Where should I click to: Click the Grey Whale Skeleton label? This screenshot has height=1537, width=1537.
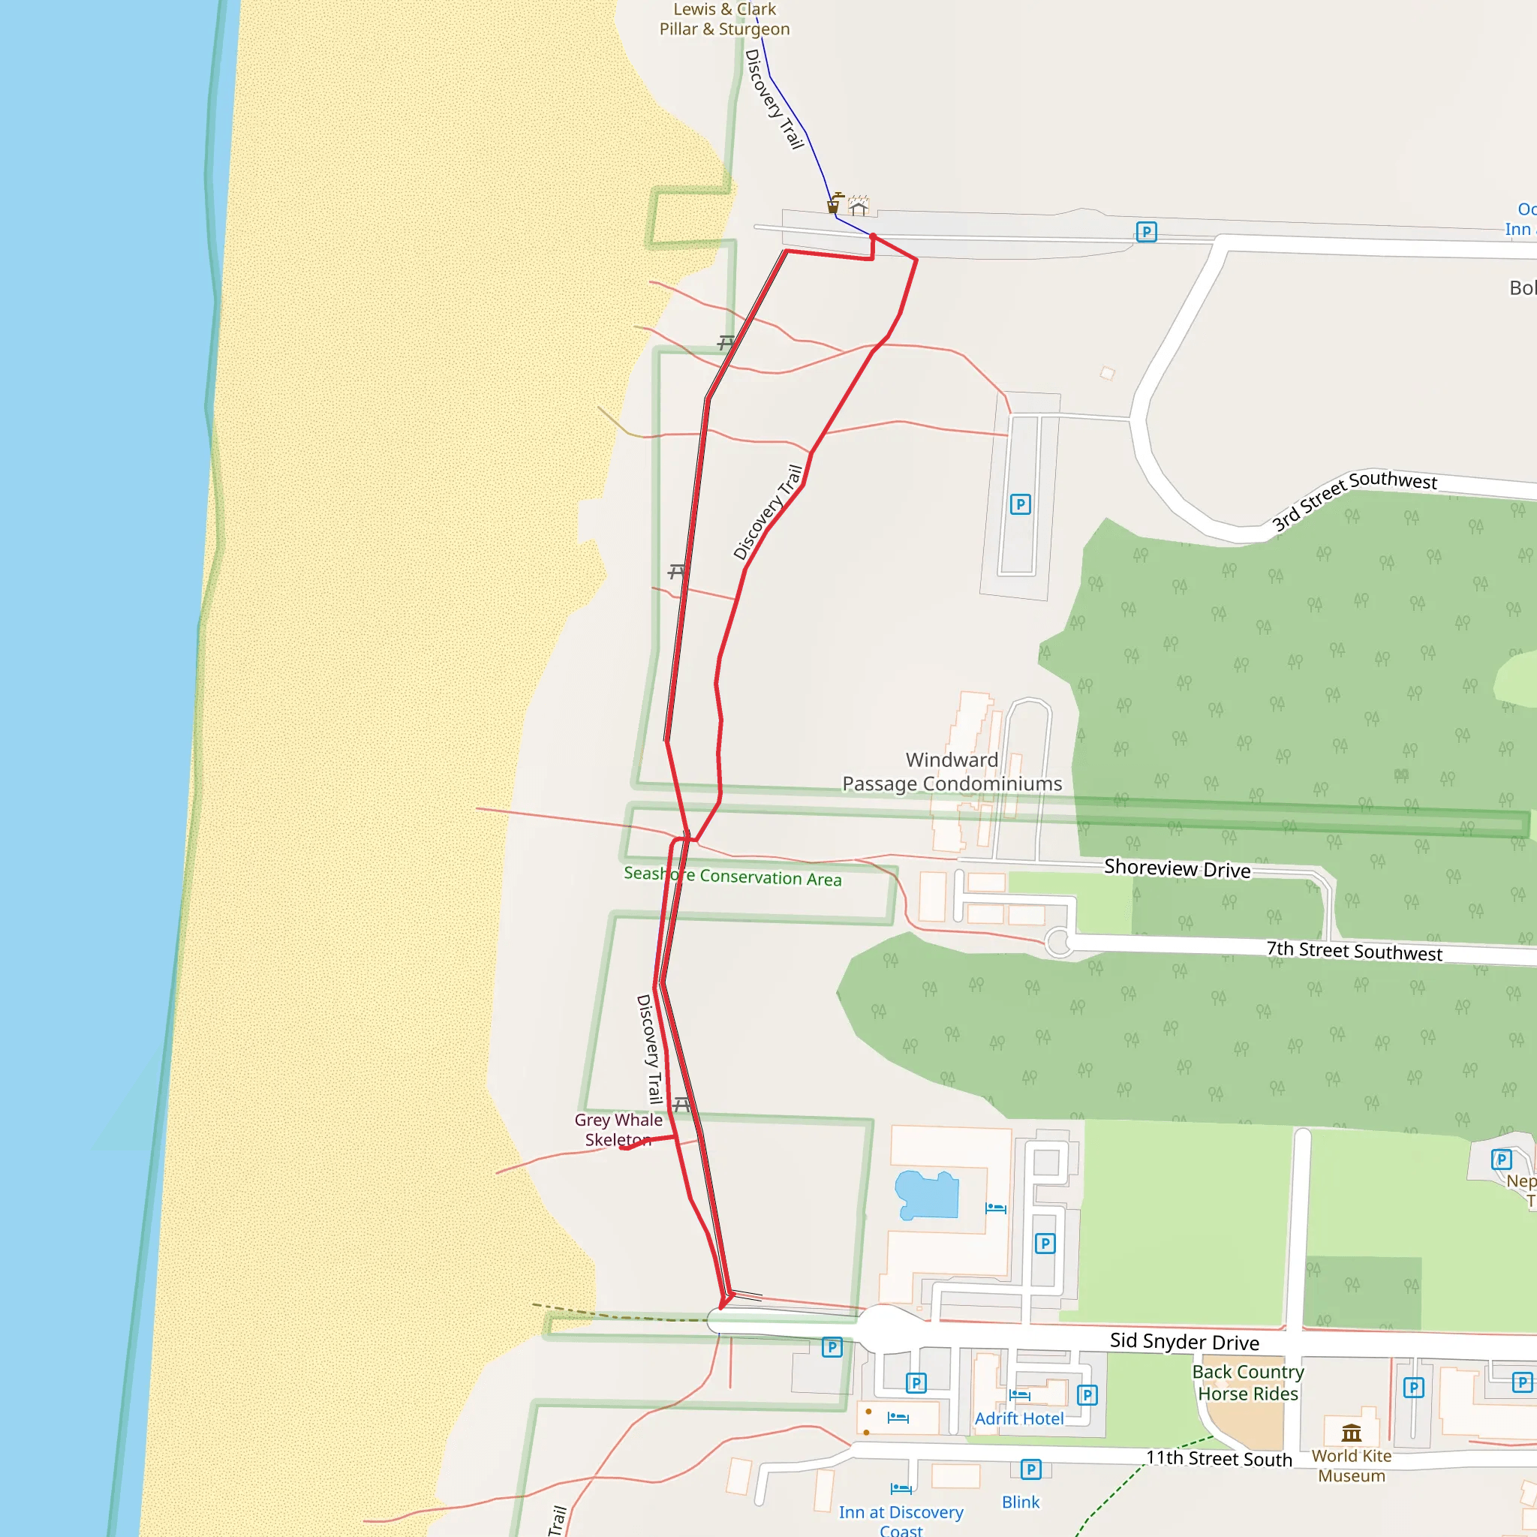click(x=618, y=1129)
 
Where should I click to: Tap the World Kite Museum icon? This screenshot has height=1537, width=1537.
click(x=1352, y=1433)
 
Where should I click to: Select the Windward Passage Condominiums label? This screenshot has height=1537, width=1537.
click(x=952, y=772)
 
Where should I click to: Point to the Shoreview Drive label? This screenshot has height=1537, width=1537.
click(x=1177, y=869)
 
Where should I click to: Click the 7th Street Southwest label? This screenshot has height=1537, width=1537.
click(x=1354, y=951)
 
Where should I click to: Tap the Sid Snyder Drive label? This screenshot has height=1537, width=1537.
click(x=1184, y=1342)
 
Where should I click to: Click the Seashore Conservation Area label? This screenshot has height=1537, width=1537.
click(x=732, y=877)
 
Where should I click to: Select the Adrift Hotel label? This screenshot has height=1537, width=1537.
click(x=1019, y=1418)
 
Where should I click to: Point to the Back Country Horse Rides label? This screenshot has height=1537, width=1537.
click(x=1247, y=1382)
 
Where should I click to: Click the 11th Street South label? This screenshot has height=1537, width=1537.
click(x=1219, y=1458)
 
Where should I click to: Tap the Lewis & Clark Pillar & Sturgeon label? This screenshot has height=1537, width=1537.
click(x=724, y=19)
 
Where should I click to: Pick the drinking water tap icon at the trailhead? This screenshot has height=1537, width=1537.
click(x=834, y=203)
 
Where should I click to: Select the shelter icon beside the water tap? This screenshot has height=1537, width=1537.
click(x=859, y=206)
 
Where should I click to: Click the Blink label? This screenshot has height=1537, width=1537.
click(x=1021, y=1502)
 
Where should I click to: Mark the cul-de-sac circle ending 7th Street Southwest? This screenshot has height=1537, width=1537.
click(x=1059, y=942)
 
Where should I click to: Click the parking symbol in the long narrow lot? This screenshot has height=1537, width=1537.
click(x=1020, y=504)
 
